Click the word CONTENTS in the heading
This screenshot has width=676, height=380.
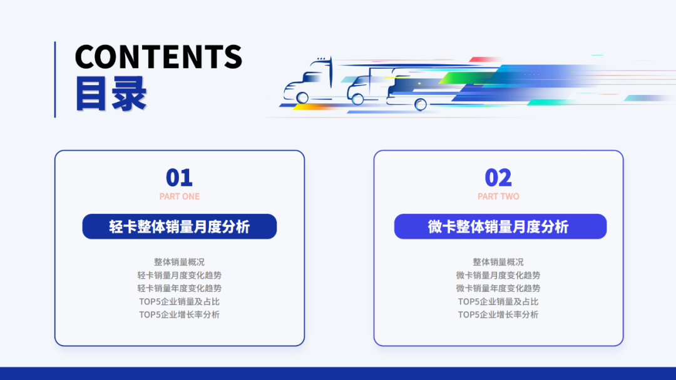pos(158,57)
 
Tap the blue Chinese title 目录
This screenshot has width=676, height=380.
pos(111,94)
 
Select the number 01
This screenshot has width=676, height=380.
pos(179,178)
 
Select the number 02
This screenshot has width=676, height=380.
pos(498,178)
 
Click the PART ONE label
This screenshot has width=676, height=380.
pos(180,196)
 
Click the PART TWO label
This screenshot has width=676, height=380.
pos(498,196)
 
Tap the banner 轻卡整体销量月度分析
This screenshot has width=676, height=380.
pos(180,226)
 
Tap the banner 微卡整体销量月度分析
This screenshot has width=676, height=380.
pos(499,226)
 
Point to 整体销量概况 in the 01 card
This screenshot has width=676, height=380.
pos(180,262)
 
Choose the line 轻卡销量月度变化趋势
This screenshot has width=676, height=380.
pos(180,275)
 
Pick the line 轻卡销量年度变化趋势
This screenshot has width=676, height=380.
pos(180,288)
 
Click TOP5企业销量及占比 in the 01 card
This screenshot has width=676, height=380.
pos(180,301)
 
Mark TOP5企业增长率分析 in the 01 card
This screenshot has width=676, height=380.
pos(180,314)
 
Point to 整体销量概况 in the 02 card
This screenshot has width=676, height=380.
pos(498,262)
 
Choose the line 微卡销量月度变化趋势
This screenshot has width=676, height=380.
pos(498,275)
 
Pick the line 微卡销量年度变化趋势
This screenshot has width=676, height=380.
pos(498,288)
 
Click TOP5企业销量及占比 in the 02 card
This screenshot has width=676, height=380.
pos(498,301)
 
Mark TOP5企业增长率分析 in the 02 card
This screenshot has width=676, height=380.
pos(498,314)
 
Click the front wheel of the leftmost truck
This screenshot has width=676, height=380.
pos(303,97)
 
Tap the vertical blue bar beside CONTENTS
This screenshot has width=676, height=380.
pos(55,79)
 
